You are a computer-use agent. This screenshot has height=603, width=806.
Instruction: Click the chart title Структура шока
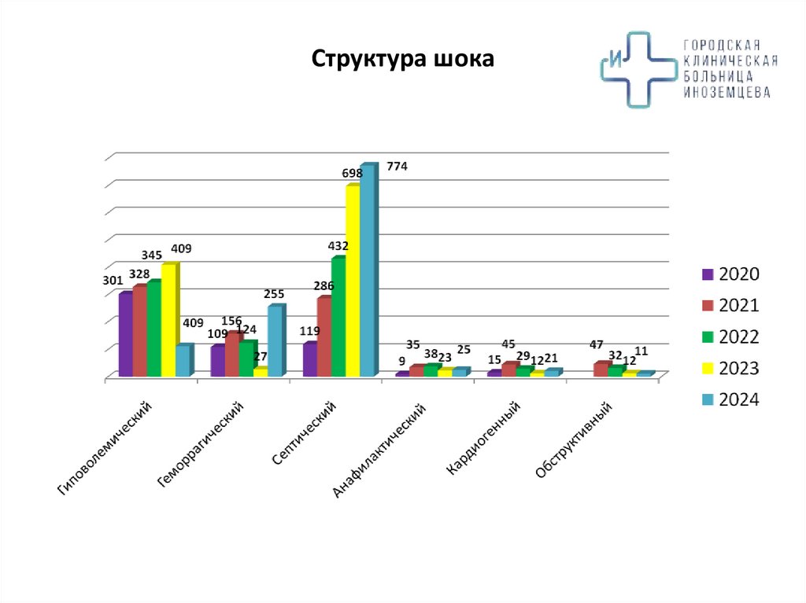point(403,60)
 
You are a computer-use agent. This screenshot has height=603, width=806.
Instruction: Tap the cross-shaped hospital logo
point(638,69)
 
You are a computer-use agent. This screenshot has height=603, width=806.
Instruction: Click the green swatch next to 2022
point(707,337)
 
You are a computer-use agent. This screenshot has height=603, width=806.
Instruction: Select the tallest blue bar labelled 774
point(367,271)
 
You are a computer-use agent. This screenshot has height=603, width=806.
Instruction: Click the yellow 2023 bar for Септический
point(352,281)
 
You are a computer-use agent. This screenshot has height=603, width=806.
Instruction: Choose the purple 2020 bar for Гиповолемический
point(124,334)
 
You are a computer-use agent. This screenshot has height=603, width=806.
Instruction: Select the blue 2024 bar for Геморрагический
point(274,341)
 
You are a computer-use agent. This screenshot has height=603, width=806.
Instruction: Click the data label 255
point(274,294)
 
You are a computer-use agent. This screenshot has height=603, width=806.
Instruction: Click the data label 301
point(113,279)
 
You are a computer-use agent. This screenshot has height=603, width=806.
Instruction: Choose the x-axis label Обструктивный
point(574,439)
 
